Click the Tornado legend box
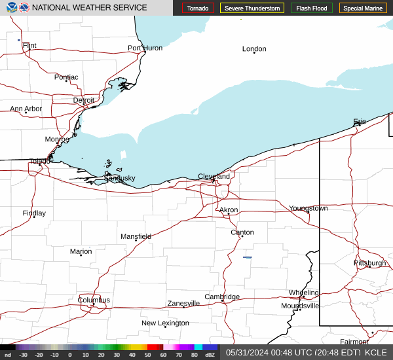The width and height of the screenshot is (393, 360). point(198,8)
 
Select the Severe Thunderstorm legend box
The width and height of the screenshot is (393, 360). point(252,8)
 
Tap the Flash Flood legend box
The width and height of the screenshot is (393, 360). point(311,8)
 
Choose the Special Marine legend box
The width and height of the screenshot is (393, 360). point(363,8)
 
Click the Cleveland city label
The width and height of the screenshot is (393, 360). point(214,177)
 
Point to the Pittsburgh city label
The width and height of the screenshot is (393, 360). point(370,262)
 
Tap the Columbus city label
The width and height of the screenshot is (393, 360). point(94,300)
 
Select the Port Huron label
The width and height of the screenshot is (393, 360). point(145,48)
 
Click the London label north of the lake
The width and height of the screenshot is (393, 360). point(254,49)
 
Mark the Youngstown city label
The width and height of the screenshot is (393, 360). point(308,208)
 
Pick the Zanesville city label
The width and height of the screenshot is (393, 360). point(183,303)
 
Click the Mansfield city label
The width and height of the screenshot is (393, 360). point(136,236)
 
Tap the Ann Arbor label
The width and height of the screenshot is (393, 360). point(26,109)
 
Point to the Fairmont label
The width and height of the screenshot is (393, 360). point(354,342)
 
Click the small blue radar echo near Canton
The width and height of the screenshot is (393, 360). point(248,257)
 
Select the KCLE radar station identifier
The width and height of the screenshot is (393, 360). point(376,352)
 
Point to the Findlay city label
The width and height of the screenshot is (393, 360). point(34,213)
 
